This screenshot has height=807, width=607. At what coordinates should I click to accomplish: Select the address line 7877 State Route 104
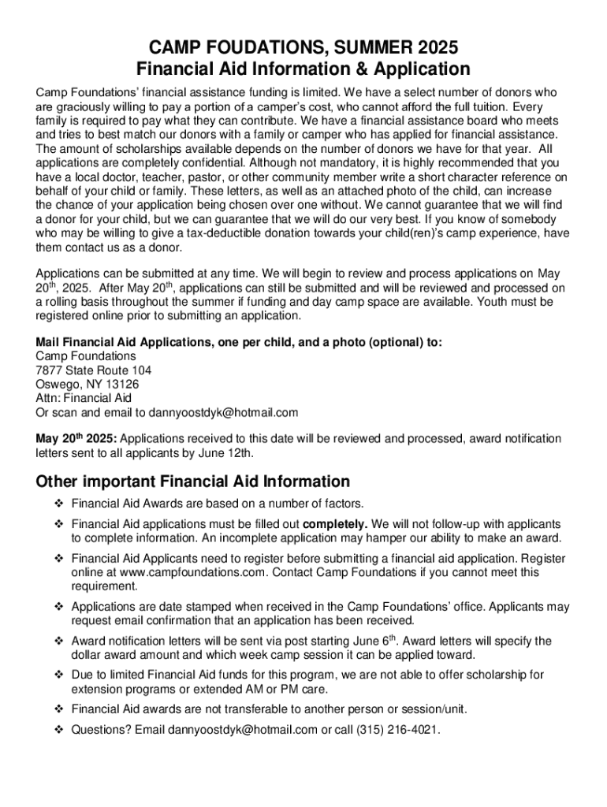click(x=94, y=370)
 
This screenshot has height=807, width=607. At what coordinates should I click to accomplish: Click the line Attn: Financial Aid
click(x=84, y=398)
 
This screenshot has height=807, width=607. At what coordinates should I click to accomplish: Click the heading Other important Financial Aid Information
click(x=193, y=482)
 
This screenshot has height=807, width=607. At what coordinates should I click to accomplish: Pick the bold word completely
click(x=335, y=524)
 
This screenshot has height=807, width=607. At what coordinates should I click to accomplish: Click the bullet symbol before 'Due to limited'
click(x=58, y=675)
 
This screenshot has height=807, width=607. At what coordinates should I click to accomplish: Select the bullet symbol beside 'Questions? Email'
click(x=58, y=730)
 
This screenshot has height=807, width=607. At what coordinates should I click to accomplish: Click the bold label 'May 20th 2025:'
click(x=76, y=438)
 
